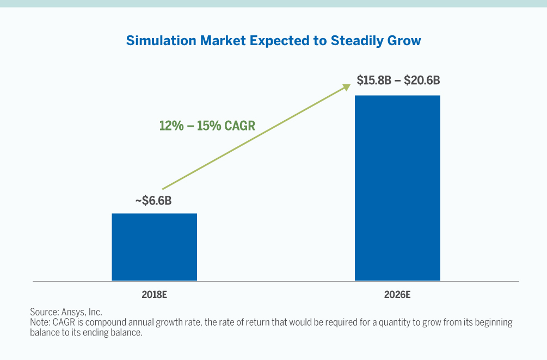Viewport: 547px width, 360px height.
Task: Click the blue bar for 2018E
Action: [x=154, y=247]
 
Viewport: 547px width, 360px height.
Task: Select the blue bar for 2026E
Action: [x=397, y=188]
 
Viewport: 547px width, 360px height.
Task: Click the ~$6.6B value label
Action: [x=153, y=201]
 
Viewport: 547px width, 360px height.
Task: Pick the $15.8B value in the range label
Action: [x=373, y=80]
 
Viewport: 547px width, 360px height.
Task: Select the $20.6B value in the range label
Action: [x=422, y=80]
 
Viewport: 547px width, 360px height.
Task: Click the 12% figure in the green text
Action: [x=170, y=126]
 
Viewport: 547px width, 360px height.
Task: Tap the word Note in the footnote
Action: [x=40, y=322]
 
